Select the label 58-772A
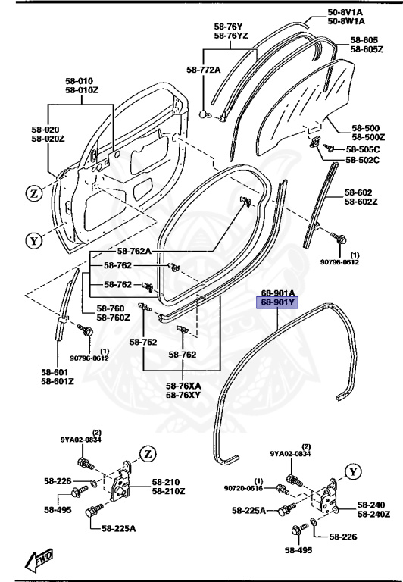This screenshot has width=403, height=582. click(203, 70)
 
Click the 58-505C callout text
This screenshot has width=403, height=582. click(363, 149)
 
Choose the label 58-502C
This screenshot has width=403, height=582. click(363, 160)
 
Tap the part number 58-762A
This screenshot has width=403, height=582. click(133, 251)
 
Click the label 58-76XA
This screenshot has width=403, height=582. click(184, 386)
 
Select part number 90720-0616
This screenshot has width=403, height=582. click(243, 490)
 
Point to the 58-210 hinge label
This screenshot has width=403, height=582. click(166, 481)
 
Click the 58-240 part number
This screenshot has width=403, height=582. click(372, 505)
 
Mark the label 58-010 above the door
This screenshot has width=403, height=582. click(79, 81)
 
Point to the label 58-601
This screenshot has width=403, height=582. click(58, 372)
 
